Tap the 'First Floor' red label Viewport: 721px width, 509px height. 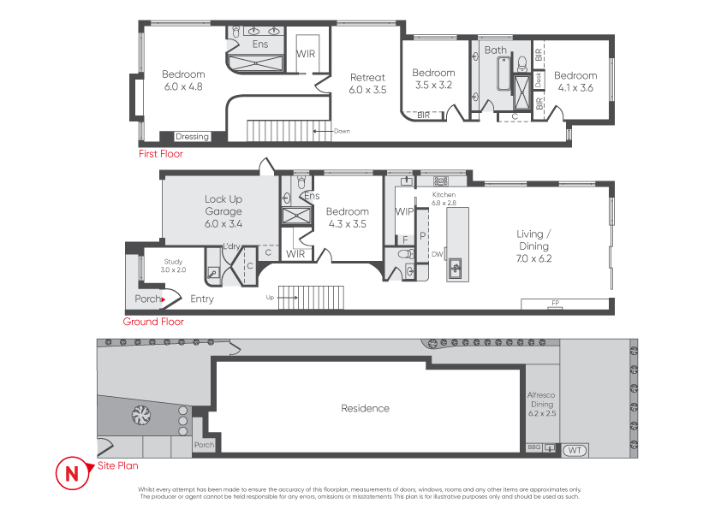click(161, 155)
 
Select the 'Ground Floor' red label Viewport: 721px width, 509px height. click(153, 322)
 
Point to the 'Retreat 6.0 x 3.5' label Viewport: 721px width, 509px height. click(367, 83)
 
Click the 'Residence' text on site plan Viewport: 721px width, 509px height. click(365, 408)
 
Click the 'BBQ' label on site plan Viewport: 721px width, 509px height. click(533, 447)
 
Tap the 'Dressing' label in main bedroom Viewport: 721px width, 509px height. click(192, 137)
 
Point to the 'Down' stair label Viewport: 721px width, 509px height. click(342, 131)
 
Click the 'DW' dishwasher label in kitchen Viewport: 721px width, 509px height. click(437, 253)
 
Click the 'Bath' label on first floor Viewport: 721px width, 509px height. click(496, 50)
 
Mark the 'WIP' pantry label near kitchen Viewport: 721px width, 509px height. click(404, 211)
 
